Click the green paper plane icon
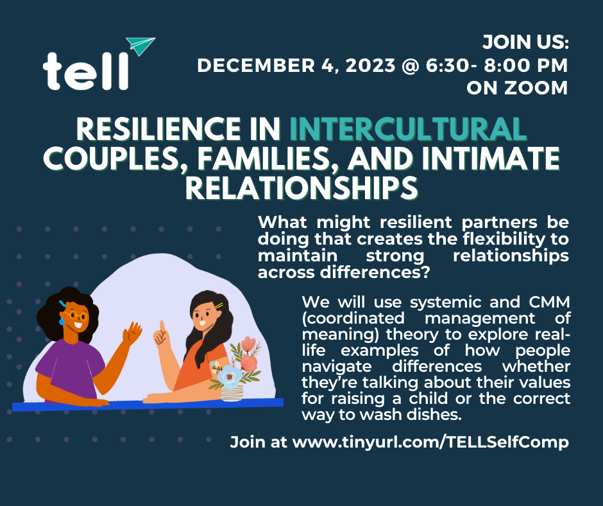pyautogui.click(x=140, y=46)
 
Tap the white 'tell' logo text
pyautogui.click(x=85, y=72)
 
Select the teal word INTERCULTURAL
pyautogui.click(x=408, y=128)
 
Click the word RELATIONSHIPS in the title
pyautogui.click(x=301, y=188)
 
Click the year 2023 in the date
pyautogui.click(x=370, y=65)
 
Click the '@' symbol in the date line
pyautogui.click(x=411, y=65)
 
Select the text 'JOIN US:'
pyautogui.click(x=526, y=42)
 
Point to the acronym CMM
pyautogui.click(x=549, y=302)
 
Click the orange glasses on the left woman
pyautogui.click(x=76, y=316)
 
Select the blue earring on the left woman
pyautogui.click(x=62, y=321)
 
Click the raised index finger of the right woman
pyautogui.click(x=162, y=327)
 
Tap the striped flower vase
pyautogui.click(x=232, y=392)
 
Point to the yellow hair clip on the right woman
pyautogui.click(x=219, y=306)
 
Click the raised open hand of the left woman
pyautogui.click(x=132, y=333)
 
